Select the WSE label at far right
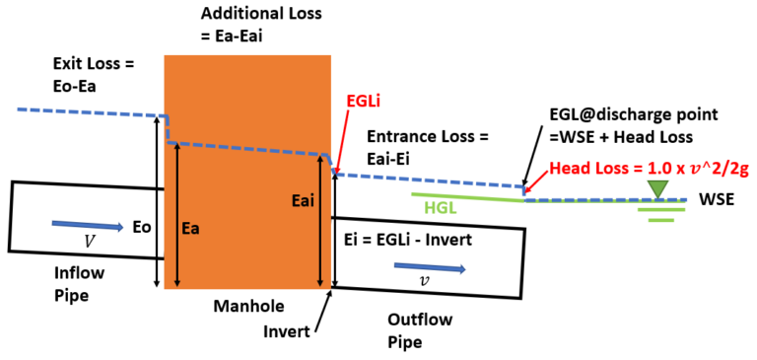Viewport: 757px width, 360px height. pyautogui.click(x=718, y=198)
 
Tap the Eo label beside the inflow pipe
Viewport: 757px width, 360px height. pyautogui.click(x=143, y=227)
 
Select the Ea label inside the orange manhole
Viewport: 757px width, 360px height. pyautogui.click(x=194, y=228)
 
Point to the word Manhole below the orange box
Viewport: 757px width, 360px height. pyautogui.click(x=244, y=307)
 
